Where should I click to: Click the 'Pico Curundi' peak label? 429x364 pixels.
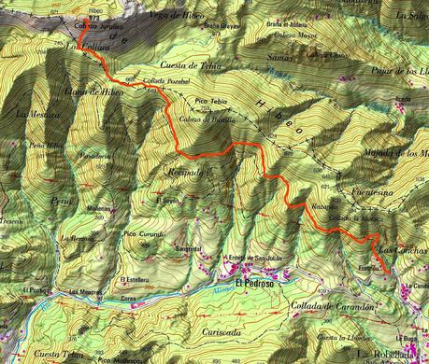pyautogui.click(x=144, y=233)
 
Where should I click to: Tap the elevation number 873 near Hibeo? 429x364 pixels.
pyautogui.click(x=93, y=17)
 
